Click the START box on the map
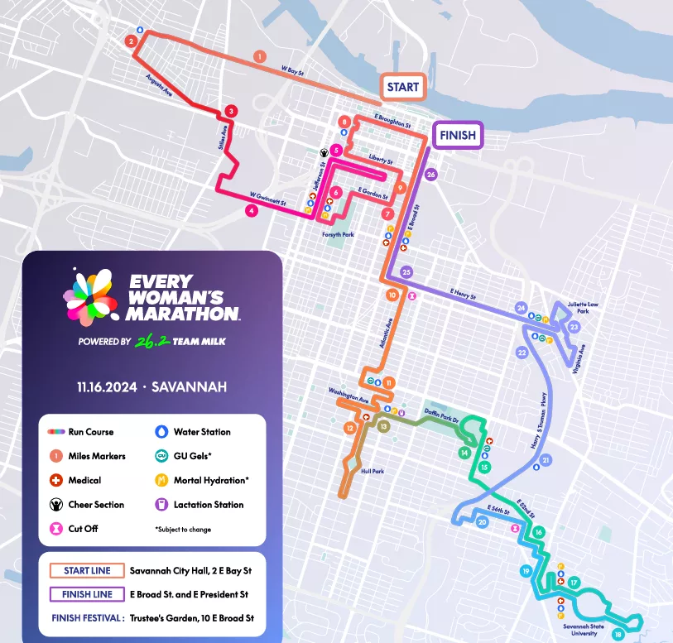pos(402,87)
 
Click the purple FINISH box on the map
pos(458,136)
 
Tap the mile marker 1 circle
pos(260,56)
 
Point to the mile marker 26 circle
pos(430,175)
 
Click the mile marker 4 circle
pos(251,210)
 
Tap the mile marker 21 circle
pos(545,460)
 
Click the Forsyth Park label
pos(338,235)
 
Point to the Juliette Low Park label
pos(582,308)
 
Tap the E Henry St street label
pos(464,292)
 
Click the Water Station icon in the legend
pos(161,432)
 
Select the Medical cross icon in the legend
pos(56,480)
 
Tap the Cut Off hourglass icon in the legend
pos(56,528)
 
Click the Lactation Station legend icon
pos(161,504)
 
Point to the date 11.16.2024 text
pos(110,386)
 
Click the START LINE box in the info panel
pos(88,571)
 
